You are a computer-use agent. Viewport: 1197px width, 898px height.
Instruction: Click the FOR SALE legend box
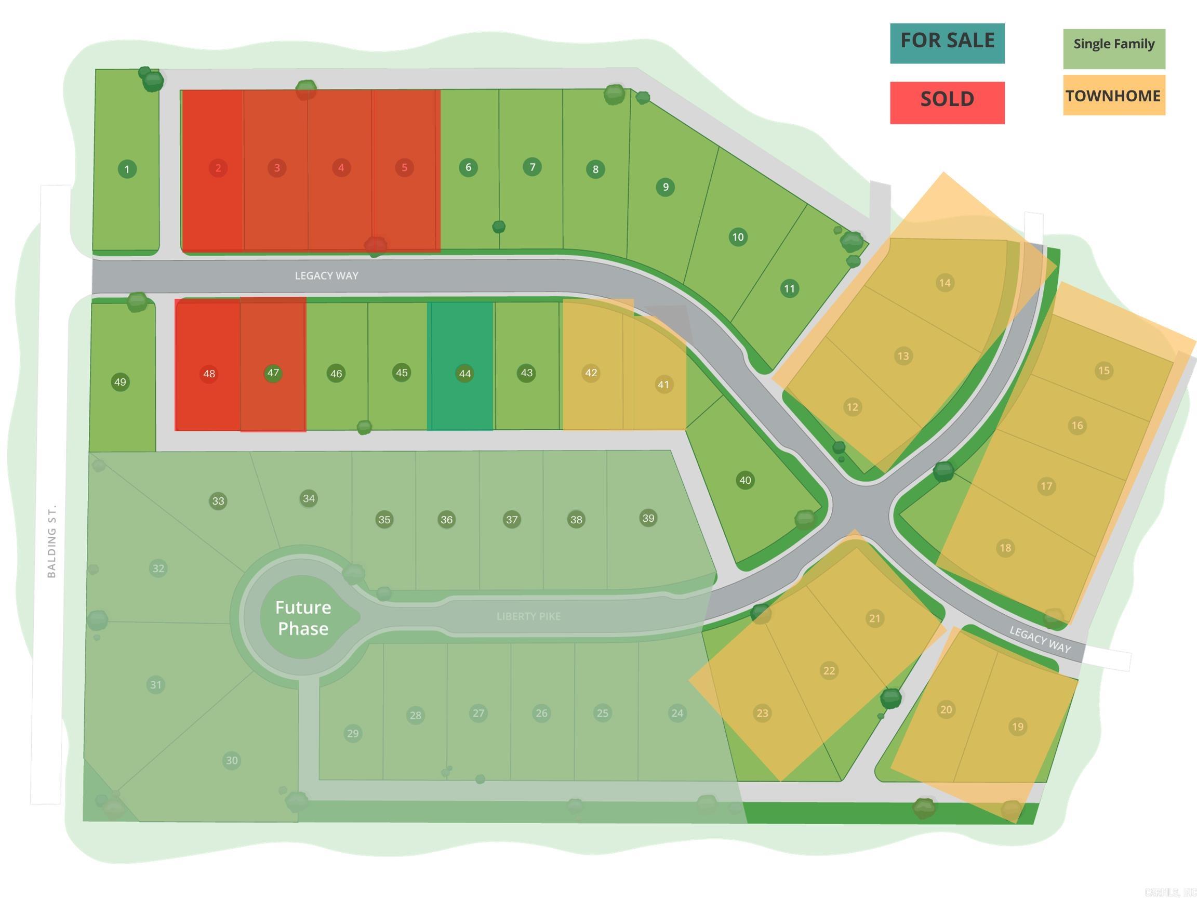(947, 43)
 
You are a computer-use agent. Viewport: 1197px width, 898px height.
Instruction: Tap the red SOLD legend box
(947, 102)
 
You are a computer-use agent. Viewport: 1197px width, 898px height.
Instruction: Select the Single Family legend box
(1114, 49)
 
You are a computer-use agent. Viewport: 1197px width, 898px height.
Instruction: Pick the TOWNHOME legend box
(1114, 95)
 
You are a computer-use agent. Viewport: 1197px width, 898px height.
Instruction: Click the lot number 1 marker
(127, 169)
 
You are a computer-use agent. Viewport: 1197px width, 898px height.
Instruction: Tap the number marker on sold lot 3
(277, 168)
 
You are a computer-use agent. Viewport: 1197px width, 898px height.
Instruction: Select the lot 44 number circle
(465, 373)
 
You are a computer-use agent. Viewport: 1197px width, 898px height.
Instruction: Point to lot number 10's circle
(738, 236)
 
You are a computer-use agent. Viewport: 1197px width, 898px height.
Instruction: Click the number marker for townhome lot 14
(945, 283)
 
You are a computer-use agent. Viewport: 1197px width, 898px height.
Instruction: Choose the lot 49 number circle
(120, 381)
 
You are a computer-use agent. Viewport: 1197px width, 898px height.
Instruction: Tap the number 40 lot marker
(745, 480)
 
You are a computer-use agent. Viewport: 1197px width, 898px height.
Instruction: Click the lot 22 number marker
(829, 671)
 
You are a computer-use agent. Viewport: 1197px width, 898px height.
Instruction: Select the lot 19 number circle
(1018, 727)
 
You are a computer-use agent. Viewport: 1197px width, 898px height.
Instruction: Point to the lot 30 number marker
(232, 760)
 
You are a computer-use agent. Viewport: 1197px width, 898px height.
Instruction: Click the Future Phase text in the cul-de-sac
(303, 617)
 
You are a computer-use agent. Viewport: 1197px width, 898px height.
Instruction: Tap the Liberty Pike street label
(529, 616)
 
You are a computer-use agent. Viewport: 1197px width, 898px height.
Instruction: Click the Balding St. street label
(52, 542)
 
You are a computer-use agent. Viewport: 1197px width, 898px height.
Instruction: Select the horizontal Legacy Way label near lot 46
(326, 275)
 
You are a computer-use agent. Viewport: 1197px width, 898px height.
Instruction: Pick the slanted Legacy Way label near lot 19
(1040, 639)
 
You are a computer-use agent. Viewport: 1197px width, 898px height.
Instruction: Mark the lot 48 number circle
(209, 373)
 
